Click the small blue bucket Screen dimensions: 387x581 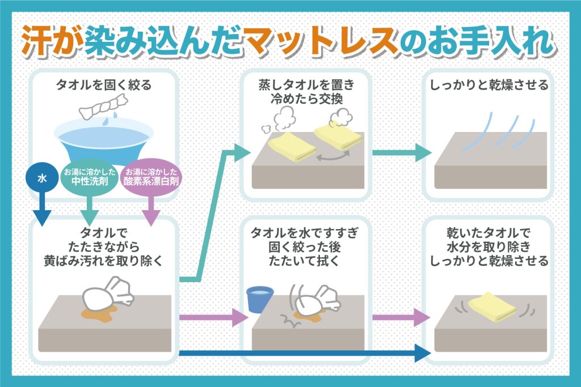[260, 299]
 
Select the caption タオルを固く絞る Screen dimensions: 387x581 [103, 86]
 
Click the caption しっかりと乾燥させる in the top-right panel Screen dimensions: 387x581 [489, 86]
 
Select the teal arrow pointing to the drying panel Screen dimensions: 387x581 [421, 152]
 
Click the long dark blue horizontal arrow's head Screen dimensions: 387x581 [421, 354]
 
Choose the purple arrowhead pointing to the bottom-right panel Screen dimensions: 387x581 [422, 317]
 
